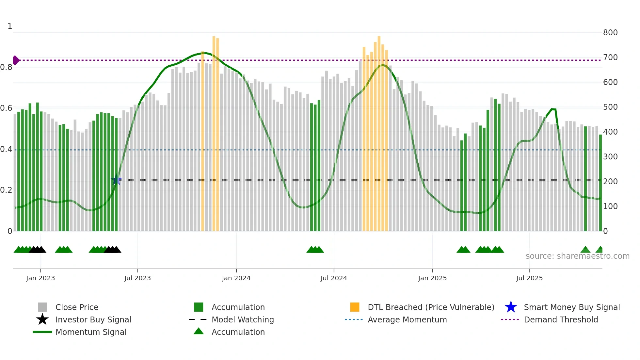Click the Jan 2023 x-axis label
click(40, 278)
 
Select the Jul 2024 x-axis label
click(334, 278)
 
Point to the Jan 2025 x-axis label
click(432, 278)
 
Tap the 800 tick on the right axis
click(610, 33)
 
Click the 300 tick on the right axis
click(610, 157)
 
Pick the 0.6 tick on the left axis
click(7, 108)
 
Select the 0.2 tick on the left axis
click(7, 190)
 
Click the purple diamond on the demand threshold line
click(16, 60)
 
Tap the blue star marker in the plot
click(116, 180)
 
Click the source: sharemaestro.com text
click(577, 256)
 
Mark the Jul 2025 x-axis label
click(529, 278)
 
